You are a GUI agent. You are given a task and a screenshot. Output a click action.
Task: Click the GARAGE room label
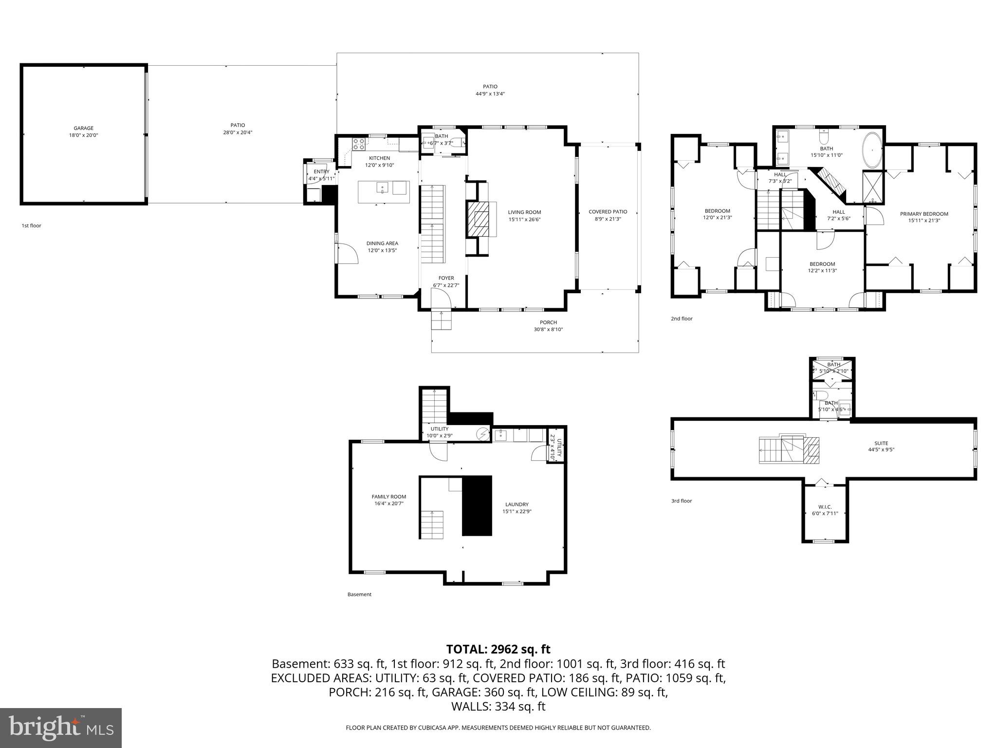click(x=83, y=129)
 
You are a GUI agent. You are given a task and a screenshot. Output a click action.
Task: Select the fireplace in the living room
click(x=479, y=218)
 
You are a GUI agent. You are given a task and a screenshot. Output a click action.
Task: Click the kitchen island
click(x=384, y=192)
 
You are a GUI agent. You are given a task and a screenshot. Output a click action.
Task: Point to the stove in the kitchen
click(x=359, y=143)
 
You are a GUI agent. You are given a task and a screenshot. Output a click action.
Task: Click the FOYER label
click(x=446, y=278)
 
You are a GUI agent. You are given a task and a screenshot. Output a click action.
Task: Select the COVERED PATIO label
click(x=608, y=212)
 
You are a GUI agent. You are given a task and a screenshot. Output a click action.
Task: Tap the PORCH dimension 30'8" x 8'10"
click(x=548, y=330)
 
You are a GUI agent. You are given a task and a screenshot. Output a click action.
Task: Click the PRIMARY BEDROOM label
click(x=924, y=214)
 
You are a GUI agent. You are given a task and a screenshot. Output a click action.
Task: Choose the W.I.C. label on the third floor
click(x=825, y=507)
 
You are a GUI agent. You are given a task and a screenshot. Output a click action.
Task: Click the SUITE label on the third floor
click(x=881, y=443)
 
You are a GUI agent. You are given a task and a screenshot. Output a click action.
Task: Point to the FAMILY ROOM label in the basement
click(x=388, y=497)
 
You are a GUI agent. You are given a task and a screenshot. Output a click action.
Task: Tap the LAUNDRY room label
click(x=517, y=505)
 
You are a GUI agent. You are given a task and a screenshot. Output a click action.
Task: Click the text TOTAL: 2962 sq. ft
click(x=498, y=649)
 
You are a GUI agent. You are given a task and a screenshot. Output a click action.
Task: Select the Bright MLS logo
click(x=61, y=728)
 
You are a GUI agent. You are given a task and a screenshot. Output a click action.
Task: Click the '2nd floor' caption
click(x=682, y=319)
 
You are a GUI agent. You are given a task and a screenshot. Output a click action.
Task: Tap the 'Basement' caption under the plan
click(x=359, y=594)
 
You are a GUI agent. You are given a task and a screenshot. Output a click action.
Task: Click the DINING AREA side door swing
click(x=348, y=253)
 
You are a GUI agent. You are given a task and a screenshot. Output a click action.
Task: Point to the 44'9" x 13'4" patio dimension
click(x=490, y=94)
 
